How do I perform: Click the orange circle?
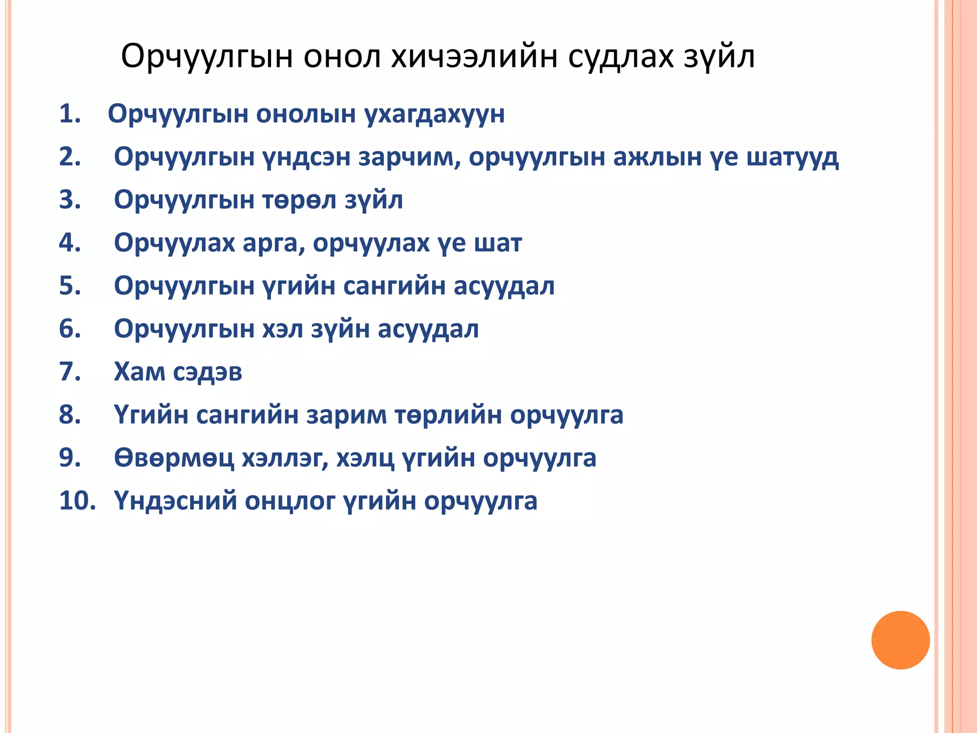[900, 640]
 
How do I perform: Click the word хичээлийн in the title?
[474, 57]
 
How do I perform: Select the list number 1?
[70, 114]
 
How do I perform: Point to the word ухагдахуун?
[434, 115]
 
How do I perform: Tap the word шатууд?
[792, 157]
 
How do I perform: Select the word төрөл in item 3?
[300, 200]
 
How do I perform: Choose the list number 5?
[70, 286]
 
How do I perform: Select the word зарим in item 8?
[346, 415]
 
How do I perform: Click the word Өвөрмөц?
[174, 458]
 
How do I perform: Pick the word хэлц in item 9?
[365, 458]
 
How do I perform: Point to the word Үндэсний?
[175, 501]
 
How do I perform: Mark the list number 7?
[70, 372]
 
